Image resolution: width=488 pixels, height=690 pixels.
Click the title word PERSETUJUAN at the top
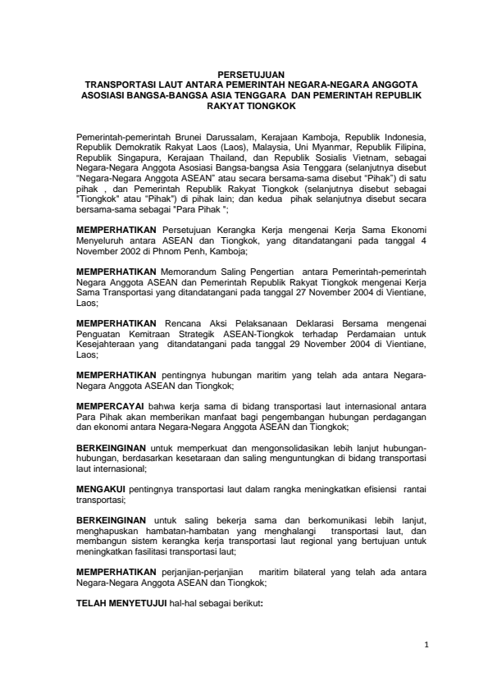coord(244,74)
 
